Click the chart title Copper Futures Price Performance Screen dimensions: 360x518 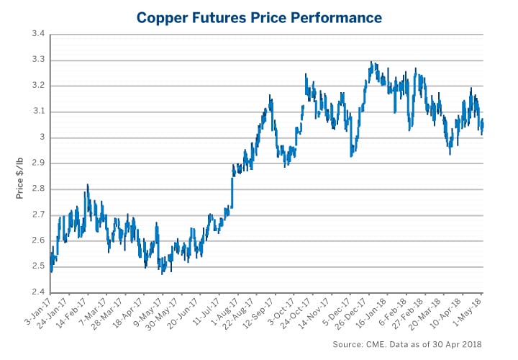[259, 15]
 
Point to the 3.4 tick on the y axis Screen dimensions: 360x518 [37, 34]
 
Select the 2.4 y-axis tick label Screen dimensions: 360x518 [37, 292]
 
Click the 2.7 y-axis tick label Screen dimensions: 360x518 [37, 215]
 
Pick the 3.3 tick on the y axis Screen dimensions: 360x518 [37, 60]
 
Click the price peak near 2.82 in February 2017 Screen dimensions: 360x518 [87, 184]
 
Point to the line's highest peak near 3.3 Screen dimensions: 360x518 [371, 63]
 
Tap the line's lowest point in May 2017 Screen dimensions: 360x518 [163, 273]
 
